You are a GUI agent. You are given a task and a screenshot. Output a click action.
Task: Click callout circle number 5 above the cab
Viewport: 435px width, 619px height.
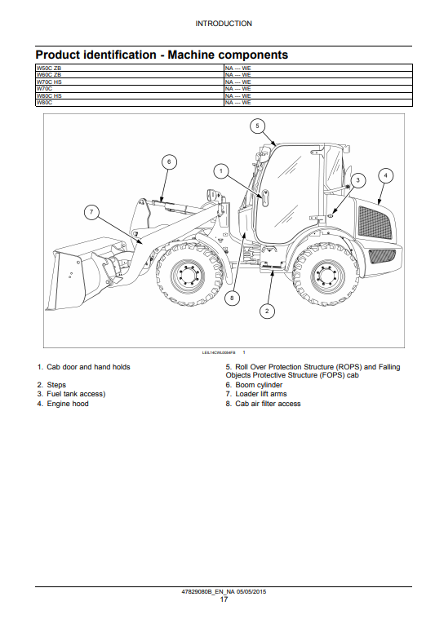tap(257, 126)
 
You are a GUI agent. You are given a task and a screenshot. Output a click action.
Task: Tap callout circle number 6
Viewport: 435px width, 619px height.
tap(169, 161)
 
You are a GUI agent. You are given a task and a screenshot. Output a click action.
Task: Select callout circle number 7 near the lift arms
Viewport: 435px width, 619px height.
tap(91, 212)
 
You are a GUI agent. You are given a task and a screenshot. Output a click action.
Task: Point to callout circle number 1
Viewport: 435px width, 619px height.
tap(221, 171)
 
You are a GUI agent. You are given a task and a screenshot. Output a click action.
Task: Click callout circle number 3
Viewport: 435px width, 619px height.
tap(358, 180)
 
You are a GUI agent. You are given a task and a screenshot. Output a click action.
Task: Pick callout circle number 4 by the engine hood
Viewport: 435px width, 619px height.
tap(385, 175)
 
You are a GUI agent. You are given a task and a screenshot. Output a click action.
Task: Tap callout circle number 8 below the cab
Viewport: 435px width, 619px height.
tap(232, 298)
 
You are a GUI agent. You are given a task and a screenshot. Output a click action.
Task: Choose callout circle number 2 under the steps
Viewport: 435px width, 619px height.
tap(267, 311)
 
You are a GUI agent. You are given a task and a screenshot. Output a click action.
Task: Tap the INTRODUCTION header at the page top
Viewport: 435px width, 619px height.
tap(224, 24)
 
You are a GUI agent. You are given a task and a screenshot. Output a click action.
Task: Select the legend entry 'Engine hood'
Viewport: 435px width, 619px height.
tap(68, 404)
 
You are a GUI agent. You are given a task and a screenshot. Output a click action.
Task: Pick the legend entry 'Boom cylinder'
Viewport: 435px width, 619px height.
tap(259, 384)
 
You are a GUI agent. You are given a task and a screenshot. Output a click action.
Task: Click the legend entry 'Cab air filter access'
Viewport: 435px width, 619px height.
tap(268, 404)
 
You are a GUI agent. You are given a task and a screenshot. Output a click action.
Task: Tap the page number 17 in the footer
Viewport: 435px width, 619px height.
tap(224, 599)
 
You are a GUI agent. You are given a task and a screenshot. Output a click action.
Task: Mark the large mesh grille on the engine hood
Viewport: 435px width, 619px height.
tap(375, 223)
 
